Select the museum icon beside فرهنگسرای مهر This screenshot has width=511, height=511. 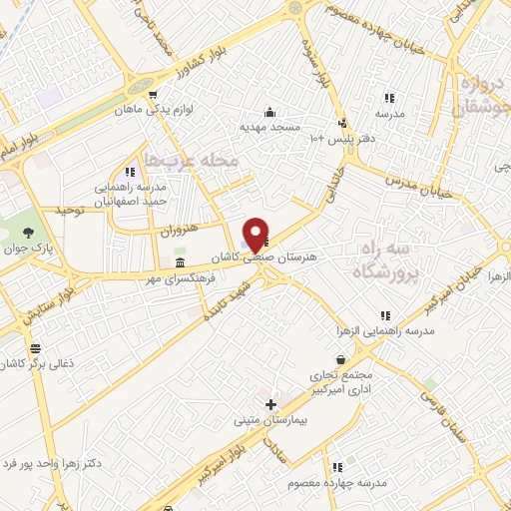[180, 262]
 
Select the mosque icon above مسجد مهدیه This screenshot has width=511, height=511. [269, 112]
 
